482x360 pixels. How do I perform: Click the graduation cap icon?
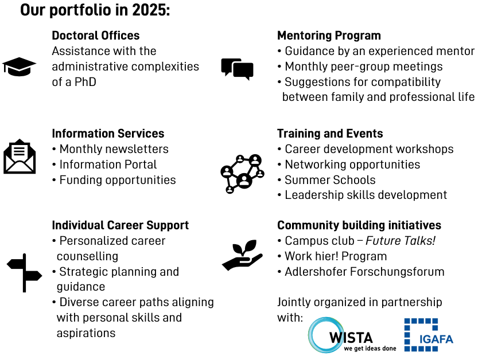19,66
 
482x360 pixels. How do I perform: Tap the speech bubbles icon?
238,69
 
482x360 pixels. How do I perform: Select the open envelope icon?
20,156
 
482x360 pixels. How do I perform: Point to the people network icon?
242,174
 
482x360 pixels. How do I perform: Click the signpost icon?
24,273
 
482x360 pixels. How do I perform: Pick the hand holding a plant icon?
243,255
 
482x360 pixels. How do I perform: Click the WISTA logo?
352,335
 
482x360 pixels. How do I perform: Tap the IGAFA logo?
429,335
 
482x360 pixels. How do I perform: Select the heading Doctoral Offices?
96,36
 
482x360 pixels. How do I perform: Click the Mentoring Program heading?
329,36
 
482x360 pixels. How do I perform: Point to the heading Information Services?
108,134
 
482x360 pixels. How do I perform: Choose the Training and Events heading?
330,134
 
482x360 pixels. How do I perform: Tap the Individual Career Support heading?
120,225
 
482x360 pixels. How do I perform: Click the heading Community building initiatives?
359,225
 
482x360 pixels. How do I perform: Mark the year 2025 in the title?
151,10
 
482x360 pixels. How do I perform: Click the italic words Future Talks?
401,241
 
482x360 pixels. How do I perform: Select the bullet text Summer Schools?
330,180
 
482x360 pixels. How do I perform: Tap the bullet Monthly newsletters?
114,149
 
